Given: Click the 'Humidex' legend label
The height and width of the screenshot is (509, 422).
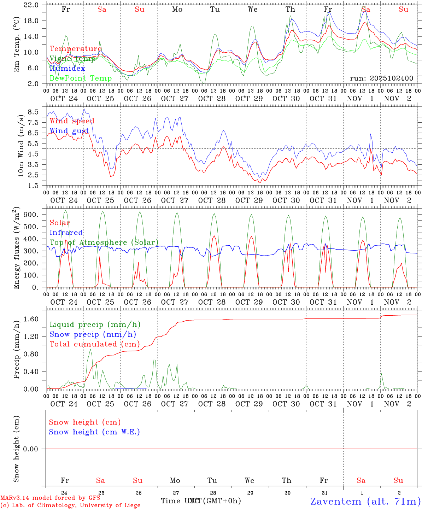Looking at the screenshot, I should pos(67,69).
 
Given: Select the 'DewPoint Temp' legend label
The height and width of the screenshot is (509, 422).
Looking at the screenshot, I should pos(81,78).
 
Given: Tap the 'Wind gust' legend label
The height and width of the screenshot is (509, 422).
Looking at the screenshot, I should pos(69,131).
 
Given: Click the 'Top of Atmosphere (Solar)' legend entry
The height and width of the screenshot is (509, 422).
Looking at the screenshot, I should pos(104,242).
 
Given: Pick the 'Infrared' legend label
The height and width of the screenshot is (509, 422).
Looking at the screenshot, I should pos(66,233).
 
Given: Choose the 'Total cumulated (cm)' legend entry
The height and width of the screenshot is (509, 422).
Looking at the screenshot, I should pos(94,344).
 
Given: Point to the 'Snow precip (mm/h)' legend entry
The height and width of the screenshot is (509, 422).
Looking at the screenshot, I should pos(93,334).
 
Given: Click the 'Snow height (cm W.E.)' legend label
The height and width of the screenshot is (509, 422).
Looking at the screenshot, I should pos(94,432).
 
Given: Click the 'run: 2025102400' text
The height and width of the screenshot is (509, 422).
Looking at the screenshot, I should pos(381,78).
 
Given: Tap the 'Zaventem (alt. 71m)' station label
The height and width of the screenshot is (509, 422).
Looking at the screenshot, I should pos(365,501).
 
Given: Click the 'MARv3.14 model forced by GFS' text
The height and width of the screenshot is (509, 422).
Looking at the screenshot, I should pos(50,498).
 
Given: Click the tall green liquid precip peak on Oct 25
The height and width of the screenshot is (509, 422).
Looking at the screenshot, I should pos(90,350).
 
